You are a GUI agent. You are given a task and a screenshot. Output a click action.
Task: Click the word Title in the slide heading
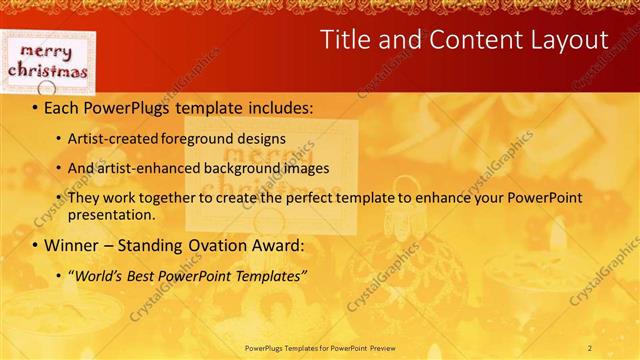click(x=347, y=40)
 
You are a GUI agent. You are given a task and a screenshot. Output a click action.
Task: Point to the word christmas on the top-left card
click(x=48, y=70)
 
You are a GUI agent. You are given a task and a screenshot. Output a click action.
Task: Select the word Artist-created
click(x=109, y=138)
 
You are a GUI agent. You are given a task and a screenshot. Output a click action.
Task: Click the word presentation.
click(x=112, y=214)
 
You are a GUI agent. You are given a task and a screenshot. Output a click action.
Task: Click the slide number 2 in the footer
click(x=590, y=347)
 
